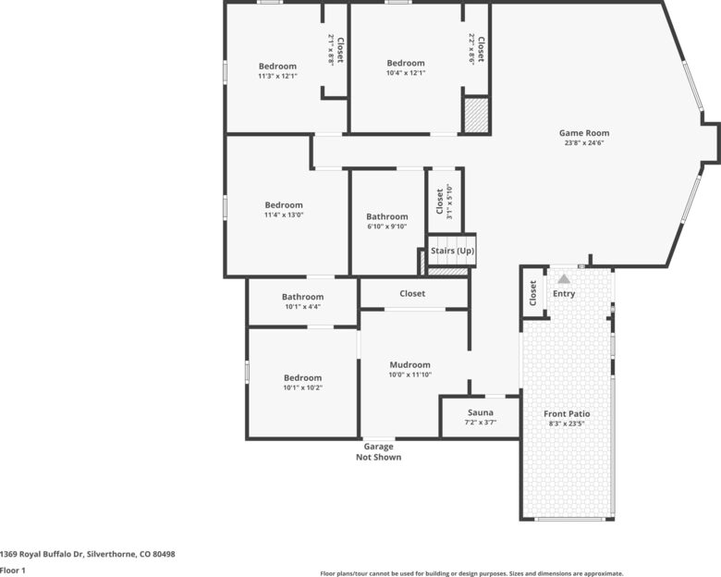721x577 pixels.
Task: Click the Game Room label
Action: (x=584, y=133)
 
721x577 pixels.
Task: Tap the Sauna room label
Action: (x=481, y=412)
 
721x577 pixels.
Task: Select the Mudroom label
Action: (x=410, y=365)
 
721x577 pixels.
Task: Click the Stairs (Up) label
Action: (x=452, y=251)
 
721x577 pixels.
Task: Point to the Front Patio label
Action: (x=567, y=413)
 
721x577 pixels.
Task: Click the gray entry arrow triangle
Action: (x=564, y=279)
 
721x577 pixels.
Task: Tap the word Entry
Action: (x=564, y=293)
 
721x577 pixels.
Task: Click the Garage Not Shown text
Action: (x=378, y=452)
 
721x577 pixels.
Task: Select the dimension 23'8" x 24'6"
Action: (x=584, y=143)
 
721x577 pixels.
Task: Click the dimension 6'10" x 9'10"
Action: (x=387, y=227)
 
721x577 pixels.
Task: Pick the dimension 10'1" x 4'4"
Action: (x=302, y=306)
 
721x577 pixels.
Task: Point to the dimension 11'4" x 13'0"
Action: (x=284, y=215)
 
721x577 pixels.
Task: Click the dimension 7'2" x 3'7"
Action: (x=481, y=423)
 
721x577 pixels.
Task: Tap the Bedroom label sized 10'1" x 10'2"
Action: (x=302, y=378)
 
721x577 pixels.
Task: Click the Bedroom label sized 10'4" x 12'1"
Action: (x=406, y=63)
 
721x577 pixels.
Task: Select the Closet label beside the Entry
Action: (x=533, y=293)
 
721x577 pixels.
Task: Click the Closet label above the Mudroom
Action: (x=412, y=293)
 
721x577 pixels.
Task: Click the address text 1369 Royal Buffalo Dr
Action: (x=42, y=554)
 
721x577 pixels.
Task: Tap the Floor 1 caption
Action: (x=13, y=571)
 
